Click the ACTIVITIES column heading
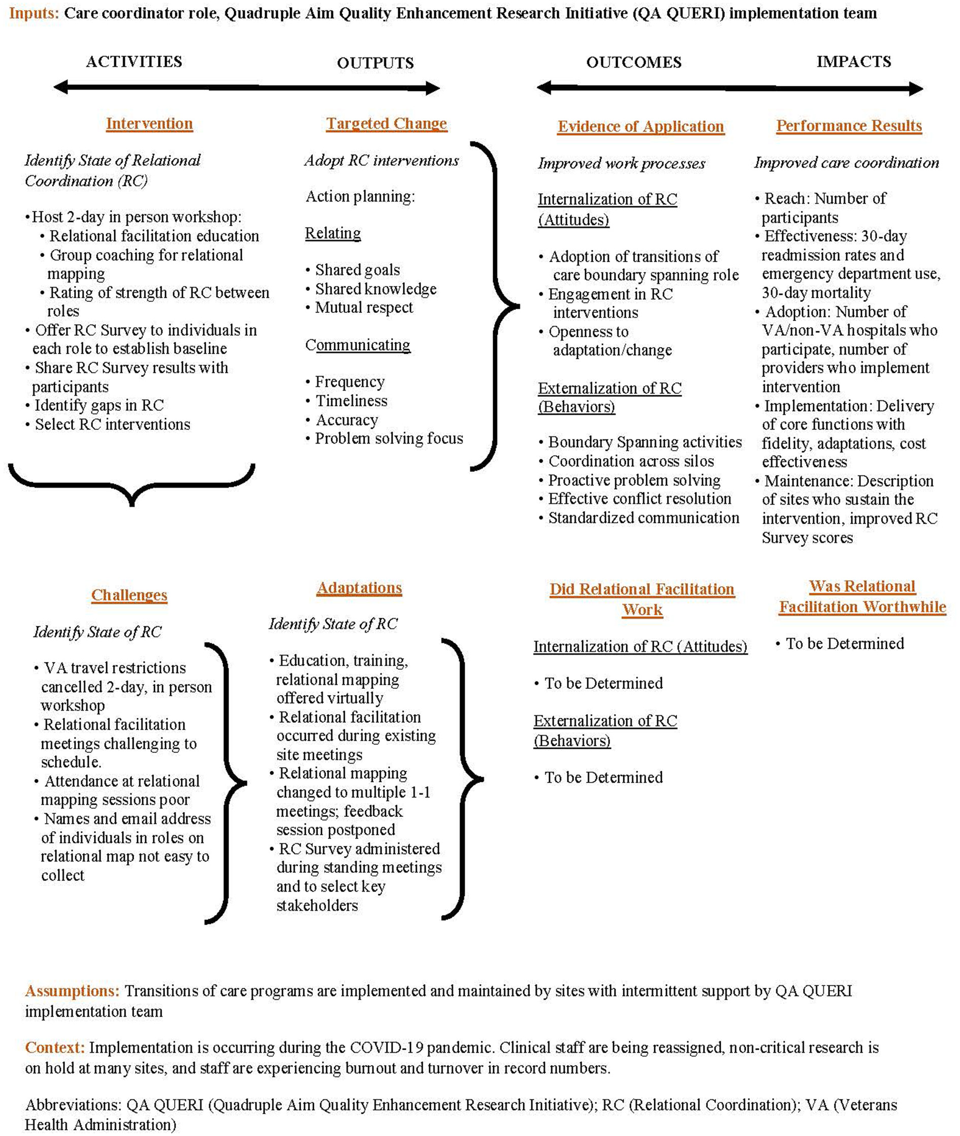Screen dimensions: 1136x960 (x=134, y=61)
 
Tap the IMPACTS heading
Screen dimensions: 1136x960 (x=853, y=61)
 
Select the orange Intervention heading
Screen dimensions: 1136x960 (x=149, y=123)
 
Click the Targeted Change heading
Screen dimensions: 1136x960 (x=387, y=123)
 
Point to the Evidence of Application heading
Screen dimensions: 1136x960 (x=641, y=127)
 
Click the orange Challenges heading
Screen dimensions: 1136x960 (x=129, y=595)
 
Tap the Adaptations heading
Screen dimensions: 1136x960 (x=359, y=588)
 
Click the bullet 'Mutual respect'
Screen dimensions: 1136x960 (x=364, y=307)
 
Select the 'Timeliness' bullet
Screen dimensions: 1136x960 (x=351, y=401)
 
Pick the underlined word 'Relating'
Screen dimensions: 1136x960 (x=333, y=233)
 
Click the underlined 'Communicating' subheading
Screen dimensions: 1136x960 (x=358, y=345)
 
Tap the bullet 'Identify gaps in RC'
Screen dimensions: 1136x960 (x=99, y=405)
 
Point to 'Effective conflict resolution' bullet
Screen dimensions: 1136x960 (x=639, y=498)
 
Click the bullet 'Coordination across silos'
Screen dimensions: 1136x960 (x=631, y=462)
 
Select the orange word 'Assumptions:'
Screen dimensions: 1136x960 (x=72, y=991)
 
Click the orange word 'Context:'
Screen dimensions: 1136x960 (x=54, y=1047)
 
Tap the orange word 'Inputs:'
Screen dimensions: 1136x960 (x=34, y=13)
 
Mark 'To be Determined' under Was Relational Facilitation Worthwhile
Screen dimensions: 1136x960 (x=845, y=644)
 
